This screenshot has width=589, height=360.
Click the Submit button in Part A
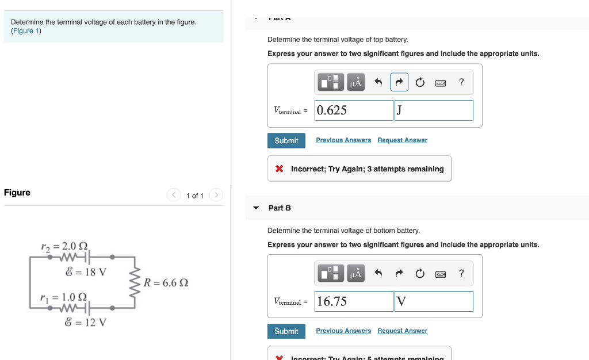click(x=286, y=140)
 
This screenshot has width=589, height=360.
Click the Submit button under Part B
click(x=286, y=331)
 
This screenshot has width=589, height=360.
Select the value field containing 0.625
click(x=354, y=110)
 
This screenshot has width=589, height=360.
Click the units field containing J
click(x=434, y=110)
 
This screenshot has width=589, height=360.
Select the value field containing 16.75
click(x=354, y=301)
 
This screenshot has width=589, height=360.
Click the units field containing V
click(x=434, y=301)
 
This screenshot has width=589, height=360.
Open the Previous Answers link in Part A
click(x=343, y=140)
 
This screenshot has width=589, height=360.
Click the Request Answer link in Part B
click(x=402, y=331)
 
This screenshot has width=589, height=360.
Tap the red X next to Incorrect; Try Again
click(x=279, y=169)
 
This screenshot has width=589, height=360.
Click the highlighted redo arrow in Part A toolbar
click(x=399, y=82)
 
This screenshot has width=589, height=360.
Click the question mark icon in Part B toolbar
click(x=461, y=273)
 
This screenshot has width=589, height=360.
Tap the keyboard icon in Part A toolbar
click(x=441, y=83)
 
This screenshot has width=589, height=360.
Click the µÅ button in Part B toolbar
click(x=356, y=274)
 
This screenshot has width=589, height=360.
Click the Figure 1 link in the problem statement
click(x=26, y=31)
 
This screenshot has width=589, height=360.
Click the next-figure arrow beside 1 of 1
click(x=216, y=196)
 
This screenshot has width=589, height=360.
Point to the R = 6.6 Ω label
click(x=166, y=283)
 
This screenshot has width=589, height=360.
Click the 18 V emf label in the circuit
click(x=86, y=271)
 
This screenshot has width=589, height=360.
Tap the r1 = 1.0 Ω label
click(x=63, y=297)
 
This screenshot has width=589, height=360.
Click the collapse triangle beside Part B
click(x=256, y=208)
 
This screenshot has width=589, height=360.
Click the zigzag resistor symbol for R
click(x=136, y=282)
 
